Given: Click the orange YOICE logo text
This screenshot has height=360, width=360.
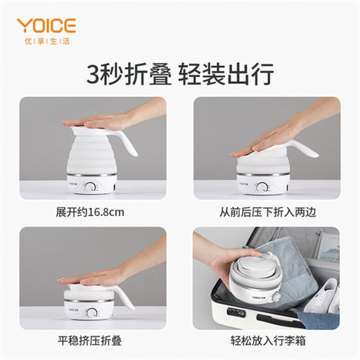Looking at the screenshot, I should coord(46,26).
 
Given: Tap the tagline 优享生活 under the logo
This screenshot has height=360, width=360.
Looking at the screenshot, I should coord(46,42).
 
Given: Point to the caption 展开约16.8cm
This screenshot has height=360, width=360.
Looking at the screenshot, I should coord(92,211).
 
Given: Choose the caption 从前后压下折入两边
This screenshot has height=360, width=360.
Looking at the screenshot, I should coord(266,211).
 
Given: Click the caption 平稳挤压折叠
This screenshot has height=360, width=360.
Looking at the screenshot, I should coord(92,341).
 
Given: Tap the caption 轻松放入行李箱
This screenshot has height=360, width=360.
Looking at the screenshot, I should coord(266,341).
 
